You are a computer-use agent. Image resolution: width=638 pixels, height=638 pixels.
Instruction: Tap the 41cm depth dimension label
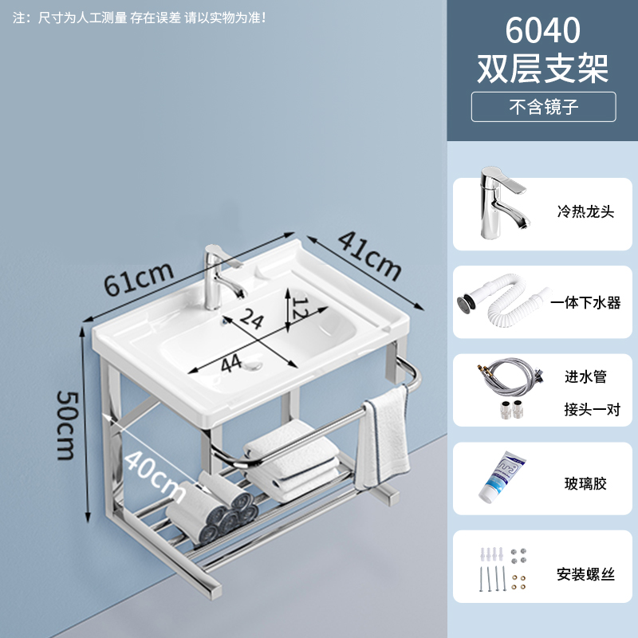click(368, 254)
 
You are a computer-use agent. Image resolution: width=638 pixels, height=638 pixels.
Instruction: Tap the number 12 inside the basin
click(297, 308)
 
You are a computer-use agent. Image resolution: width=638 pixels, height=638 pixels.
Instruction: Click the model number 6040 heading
click(542, 31)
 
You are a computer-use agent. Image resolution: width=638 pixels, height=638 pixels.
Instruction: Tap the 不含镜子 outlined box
click(543, 106)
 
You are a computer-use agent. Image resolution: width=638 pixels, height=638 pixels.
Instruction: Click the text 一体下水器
click(589, 303)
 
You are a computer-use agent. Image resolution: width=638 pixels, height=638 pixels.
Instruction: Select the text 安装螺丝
click(585, 573)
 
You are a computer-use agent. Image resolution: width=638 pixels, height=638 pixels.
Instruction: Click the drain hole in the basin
click(254, 368)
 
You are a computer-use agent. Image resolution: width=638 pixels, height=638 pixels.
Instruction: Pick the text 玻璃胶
click(585, 484)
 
